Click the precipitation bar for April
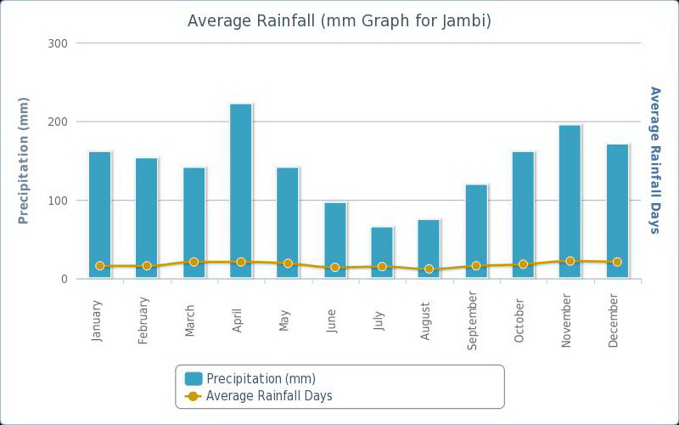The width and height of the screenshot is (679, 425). (x=241, y=191)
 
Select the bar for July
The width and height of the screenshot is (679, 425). (x=382, y=252)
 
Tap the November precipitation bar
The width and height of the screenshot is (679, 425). (x=570, y=201)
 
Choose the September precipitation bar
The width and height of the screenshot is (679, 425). (x=476, y=231)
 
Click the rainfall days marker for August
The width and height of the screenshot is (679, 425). (x=429, y=269)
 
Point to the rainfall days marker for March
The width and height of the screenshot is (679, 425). (x=194, y=262)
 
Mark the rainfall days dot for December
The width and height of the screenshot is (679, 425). (x=617, y=262)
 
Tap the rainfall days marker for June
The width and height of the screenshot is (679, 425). (x=335, y=267)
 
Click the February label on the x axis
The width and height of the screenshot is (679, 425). (x=143, y=320)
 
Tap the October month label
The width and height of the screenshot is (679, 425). (x=519, y=320)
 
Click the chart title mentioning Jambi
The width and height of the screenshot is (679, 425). (x=339, y=20)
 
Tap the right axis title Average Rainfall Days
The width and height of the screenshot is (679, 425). (x=654, y=159)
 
